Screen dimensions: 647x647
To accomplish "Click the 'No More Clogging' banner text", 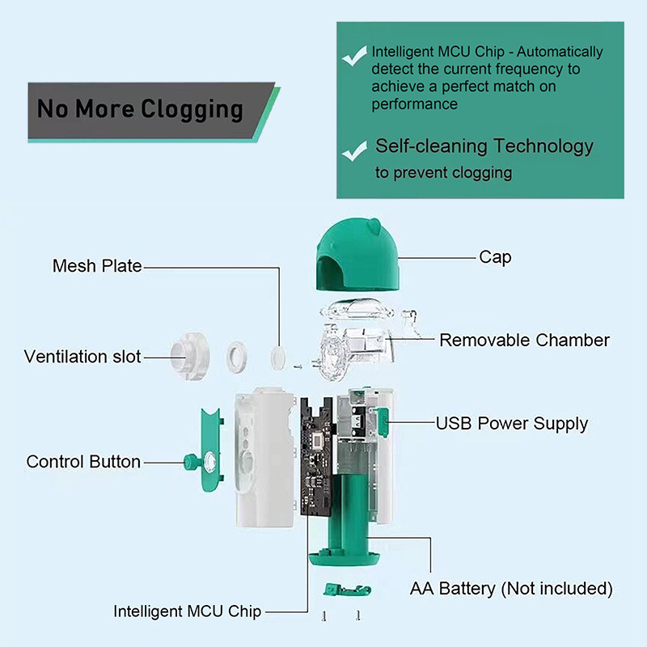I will [x=140, y=109].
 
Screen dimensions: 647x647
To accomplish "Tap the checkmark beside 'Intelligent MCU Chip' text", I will [x=353, y=57].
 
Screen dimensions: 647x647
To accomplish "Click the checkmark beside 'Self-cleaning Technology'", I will [x=353, y=150].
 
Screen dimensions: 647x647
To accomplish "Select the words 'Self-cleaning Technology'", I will [x=484, y=146].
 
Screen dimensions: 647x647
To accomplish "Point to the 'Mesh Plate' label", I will [x=97, y=266].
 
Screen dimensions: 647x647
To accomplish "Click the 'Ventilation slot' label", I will [x=82, y=357].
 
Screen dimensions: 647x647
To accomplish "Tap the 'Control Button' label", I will [x=83, y=462].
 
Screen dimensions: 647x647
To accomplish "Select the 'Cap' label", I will [x=495, y=257].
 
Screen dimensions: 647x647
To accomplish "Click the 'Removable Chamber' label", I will [x=524, y=340].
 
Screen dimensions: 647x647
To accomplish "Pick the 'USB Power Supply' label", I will [x=512, y=423].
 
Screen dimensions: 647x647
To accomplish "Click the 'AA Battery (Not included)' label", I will [x=511, y=588].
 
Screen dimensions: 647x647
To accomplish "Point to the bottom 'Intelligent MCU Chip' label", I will [x=187, y=611].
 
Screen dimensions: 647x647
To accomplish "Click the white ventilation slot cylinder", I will [x=189, y=357].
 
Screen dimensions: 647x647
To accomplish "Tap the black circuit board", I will [x=318, y=453].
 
